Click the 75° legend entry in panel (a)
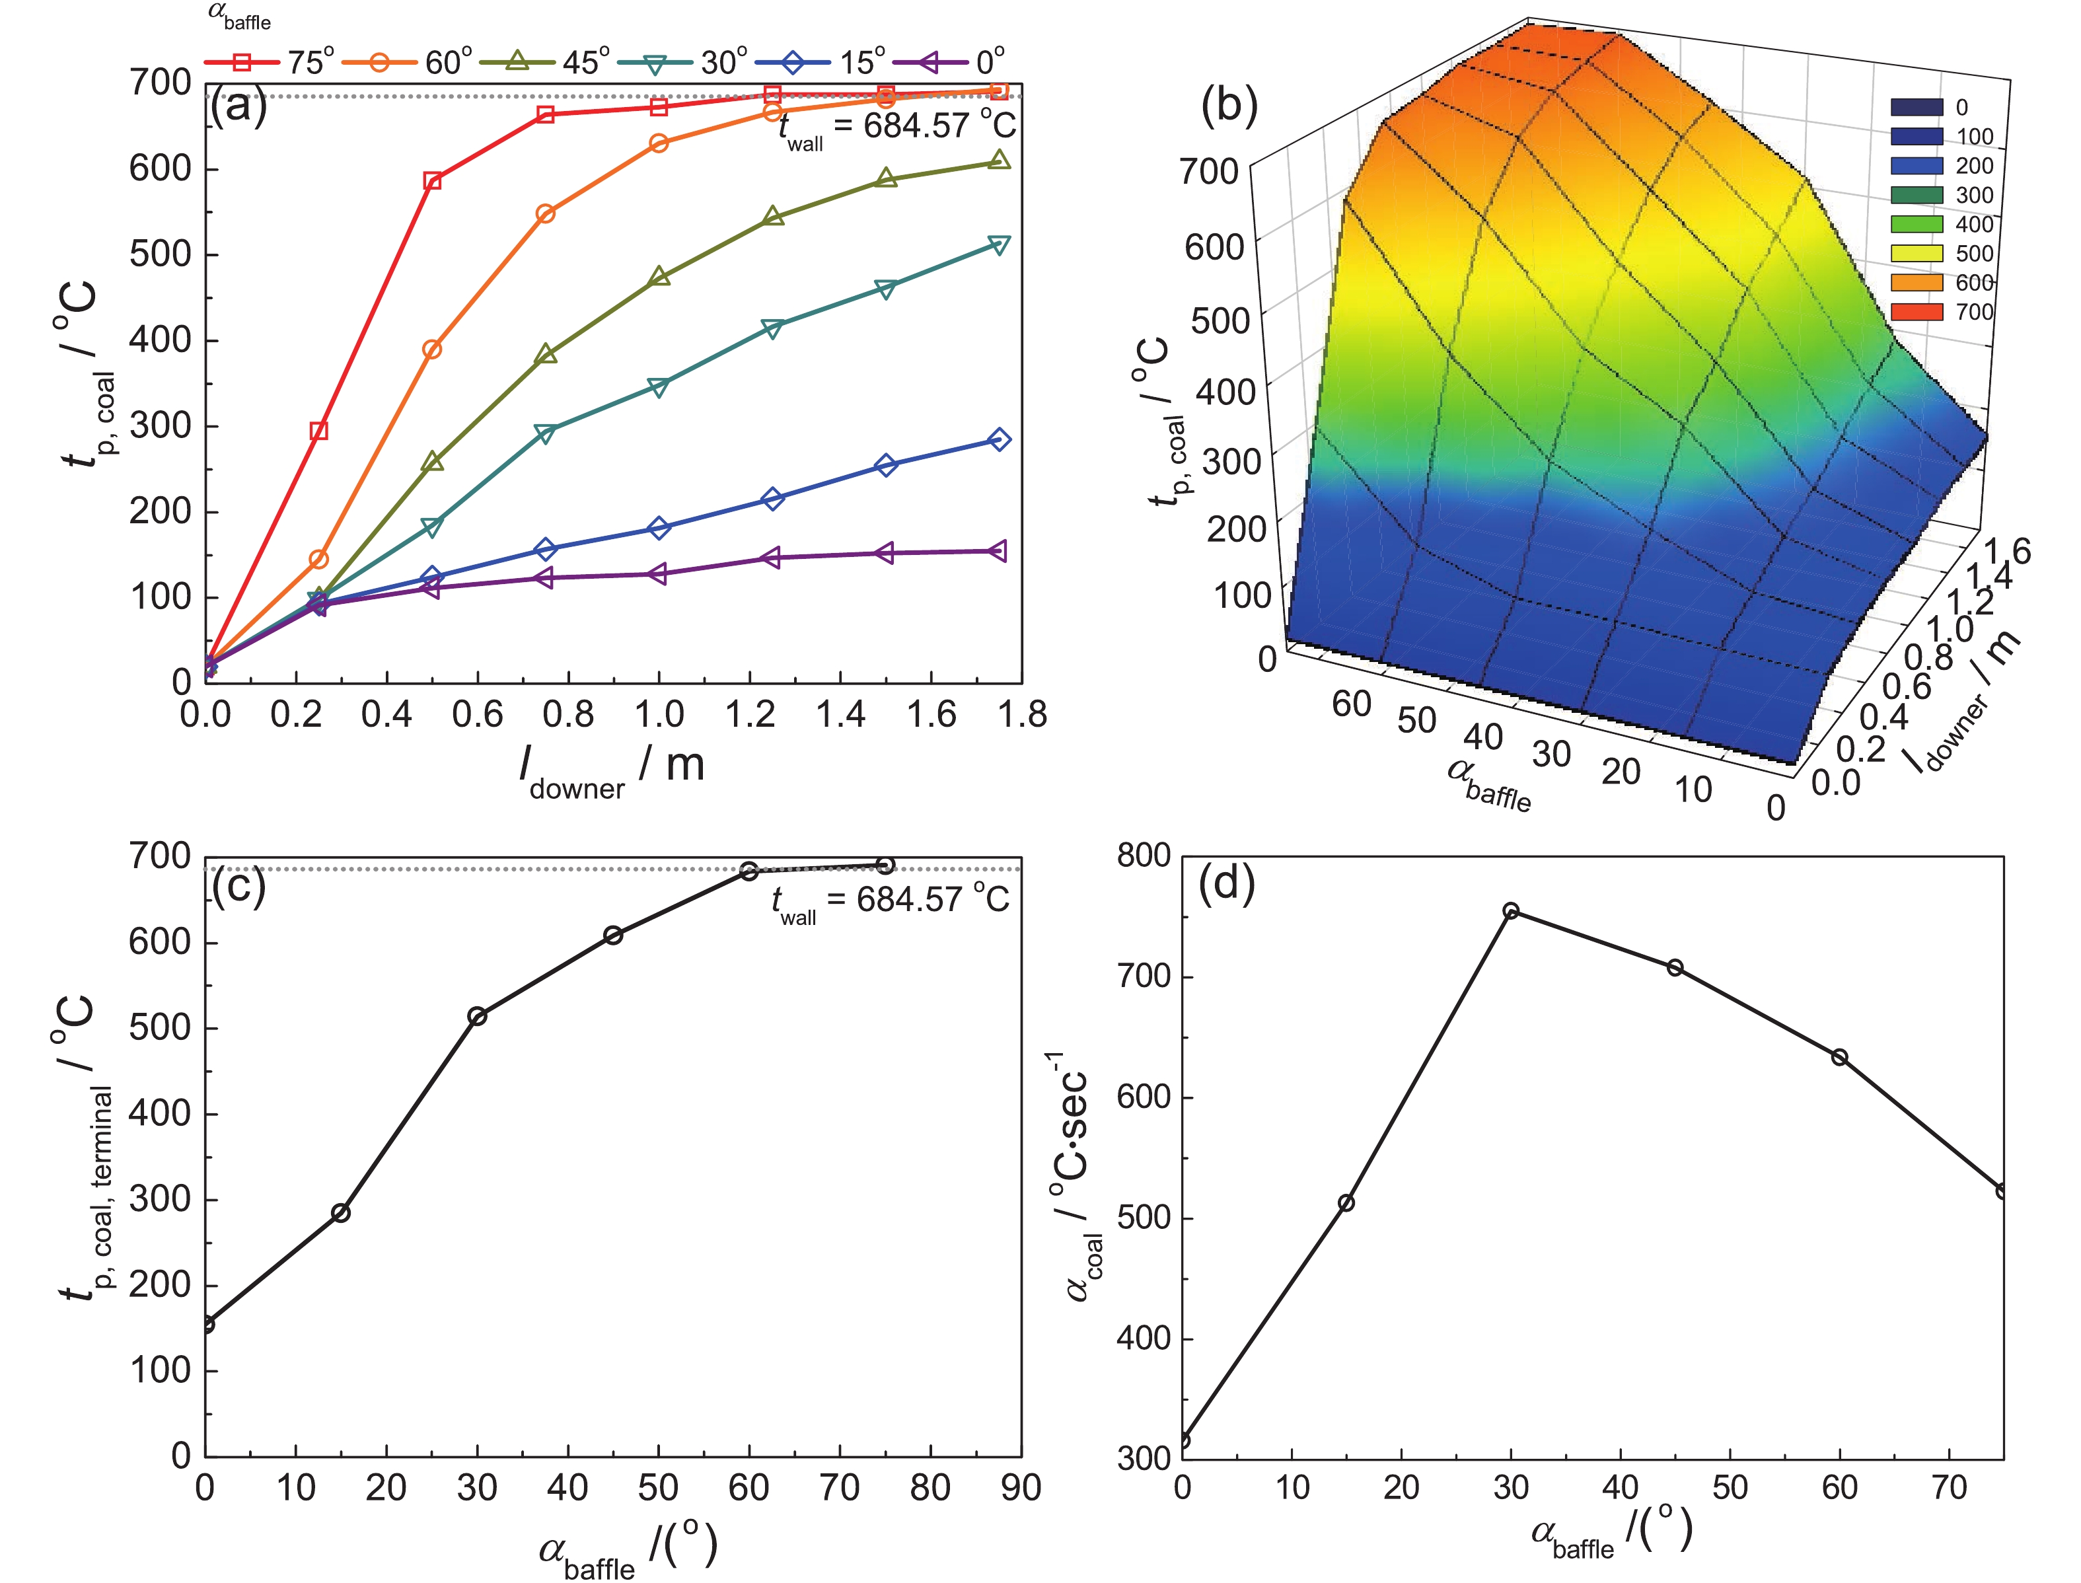click(268, 62)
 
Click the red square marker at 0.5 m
click(433, 181)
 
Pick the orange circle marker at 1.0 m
click(659, 143)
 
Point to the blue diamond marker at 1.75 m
click(1000, 440)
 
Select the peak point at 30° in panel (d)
click(1511, 911)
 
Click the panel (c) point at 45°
click(613, 936)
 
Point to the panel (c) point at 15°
click(341, 1213)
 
